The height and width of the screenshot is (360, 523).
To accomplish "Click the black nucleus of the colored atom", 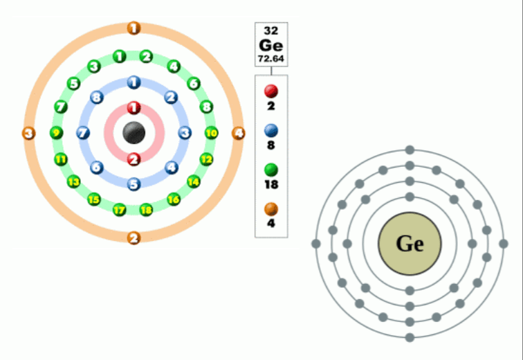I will click(134, 133).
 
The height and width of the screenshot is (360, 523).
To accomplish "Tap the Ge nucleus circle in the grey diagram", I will click(410, 244).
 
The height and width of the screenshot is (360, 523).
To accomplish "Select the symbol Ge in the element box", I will click(271, 45).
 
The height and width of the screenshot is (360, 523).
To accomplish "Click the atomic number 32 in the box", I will click(271, 30).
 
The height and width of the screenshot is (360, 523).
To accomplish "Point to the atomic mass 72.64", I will click(271, 59).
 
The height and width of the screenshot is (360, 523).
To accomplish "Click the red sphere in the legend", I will click(271, 91).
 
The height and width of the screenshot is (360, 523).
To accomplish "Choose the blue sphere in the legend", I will click(271, 130).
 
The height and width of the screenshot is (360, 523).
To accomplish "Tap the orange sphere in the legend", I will click(271, 208).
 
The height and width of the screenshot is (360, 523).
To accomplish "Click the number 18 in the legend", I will click(271, 185).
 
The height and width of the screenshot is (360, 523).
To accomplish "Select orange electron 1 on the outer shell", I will click(134, 28).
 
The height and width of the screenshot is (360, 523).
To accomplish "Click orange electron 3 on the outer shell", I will click(29, 133).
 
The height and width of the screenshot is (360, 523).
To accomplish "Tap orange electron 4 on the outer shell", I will click(238, 133).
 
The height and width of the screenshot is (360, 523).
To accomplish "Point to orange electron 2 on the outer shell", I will click(134, 238).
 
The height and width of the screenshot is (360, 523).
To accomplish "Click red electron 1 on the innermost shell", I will click(134, 108).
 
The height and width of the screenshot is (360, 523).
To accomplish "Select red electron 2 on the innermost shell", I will click(134, 159).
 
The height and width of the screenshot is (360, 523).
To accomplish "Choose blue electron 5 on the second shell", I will click(134, 184).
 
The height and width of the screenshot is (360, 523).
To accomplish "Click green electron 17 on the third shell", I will click(120, 209).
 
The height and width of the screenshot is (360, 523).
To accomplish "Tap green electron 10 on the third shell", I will click(211, 133).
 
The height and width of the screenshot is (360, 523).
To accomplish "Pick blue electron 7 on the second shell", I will click(82, 133).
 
